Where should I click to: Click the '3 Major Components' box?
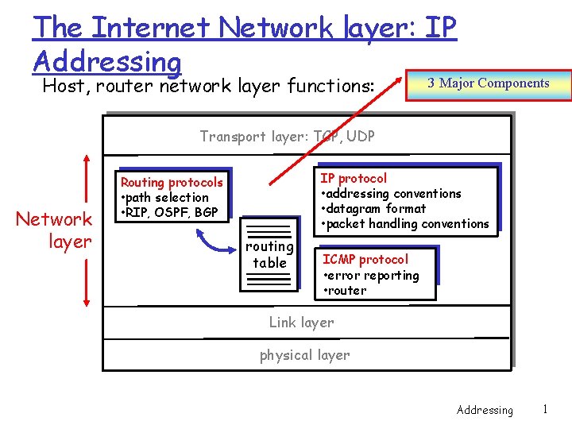click(x=488, y=83)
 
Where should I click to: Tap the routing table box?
click(x=270, y=255)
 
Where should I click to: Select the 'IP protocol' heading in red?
click(x=354, y=178)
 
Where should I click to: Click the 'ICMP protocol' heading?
click(x=365, y=259)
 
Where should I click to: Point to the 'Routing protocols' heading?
click(x=172, y=183)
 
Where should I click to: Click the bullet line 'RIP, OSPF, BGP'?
click(x=168, y=212)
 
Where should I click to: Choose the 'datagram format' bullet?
click(x=373, y=208)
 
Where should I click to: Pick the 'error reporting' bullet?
click(x=371, y=275)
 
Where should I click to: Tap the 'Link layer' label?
click(x=301, y=322)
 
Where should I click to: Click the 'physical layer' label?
click(x=304, y=355)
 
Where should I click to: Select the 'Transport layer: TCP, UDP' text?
click(x=287, y=136)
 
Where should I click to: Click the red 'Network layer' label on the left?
click(x=54, y=230)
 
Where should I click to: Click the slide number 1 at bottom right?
click(x=544, y=409)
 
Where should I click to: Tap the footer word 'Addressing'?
click(x=485, y=410)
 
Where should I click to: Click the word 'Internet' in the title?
click(x=151, y=28)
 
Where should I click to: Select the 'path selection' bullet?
click(x=164, y=197)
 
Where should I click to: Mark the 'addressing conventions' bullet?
click(x=390, y=193)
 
